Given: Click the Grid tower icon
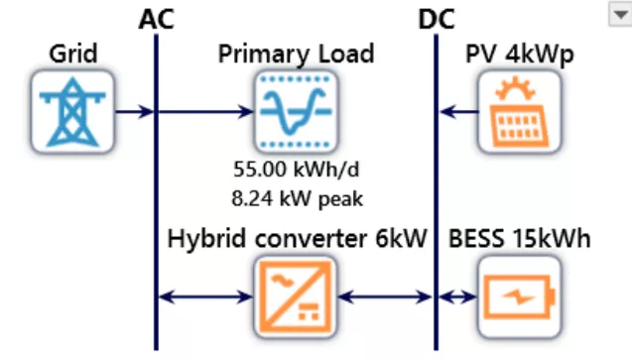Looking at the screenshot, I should point(72,111).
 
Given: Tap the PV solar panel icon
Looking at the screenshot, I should point(513,111).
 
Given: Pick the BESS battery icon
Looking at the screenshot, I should point(513,295).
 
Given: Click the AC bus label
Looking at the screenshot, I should point(157,18).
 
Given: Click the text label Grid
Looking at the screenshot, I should point(72,53).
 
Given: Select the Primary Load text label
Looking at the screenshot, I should point(296,53).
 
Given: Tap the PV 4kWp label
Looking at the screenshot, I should point(513,53).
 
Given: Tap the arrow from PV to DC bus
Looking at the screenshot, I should point(457,111).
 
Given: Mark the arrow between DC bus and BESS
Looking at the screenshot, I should point(457,295).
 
